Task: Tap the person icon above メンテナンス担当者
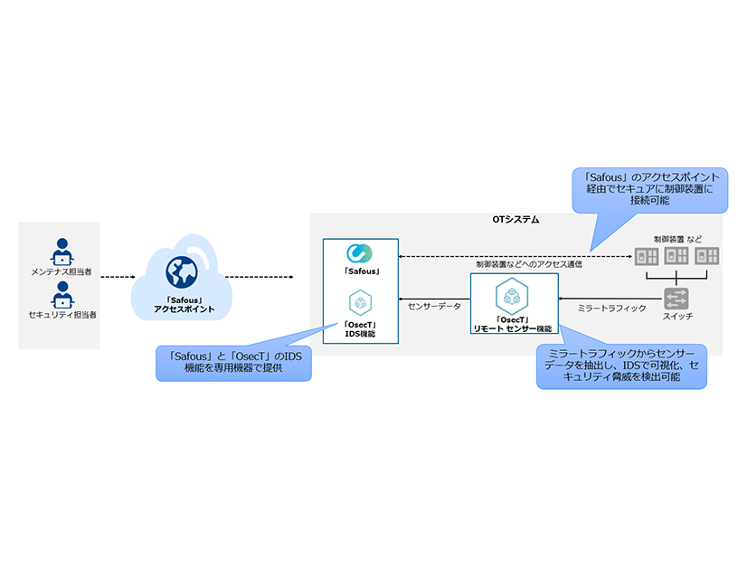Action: click(61, 251)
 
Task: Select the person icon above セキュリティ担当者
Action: click(61, 295)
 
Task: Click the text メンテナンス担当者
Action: click(61, 271)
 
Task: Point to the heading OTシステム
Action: click(515, 221)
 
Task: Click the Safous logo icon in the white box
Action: click(360, 253)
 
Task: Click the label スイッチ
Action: click(677, 316)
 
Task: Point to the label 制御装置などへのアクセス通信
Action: click(529, 264)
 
